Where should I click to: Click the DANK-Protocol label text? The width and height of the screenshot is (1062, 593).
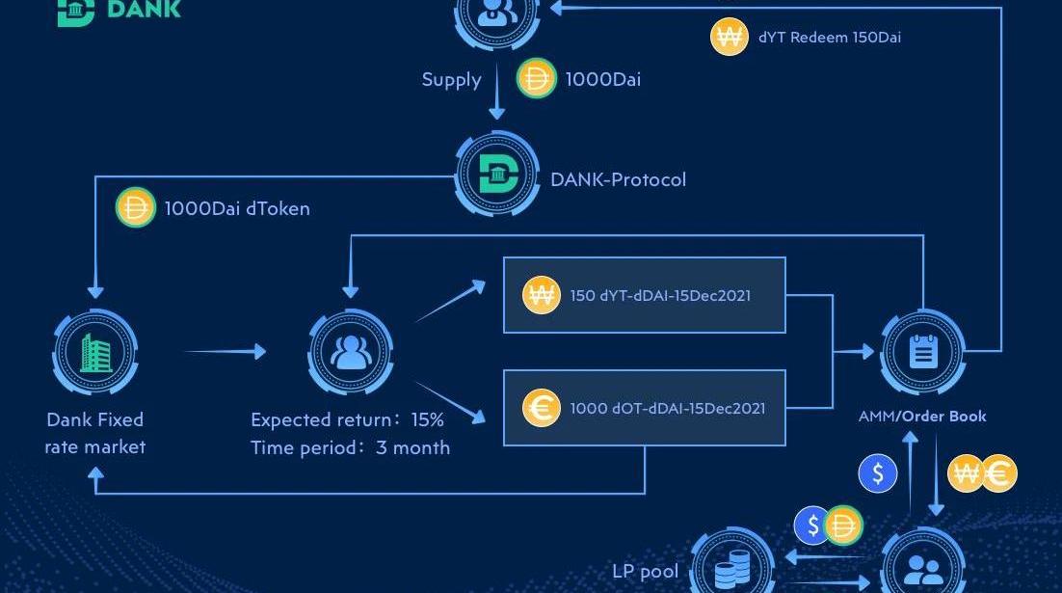click(x=618, y=179)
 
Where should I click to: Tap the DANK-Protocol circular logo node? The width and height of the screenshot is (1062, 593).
click(x=498, y=174)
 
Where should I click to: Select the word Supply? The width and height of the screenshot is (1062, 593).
click(x=452, y=80)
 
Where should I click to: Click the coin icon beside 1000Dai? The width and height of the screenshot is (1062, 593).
click(x=537, y=79)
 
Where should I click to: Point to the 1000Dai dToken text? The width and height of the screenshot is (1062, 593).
click(x=237, y=208)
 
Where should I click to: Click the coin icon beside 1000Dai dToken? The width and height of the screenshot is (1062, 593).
click(x=136, y=207)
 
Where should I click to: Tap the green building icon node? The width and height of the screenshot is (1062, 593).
click(x=95, y=352)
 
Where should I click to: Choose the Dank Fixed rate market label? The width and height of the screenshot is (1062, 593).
click(x=94, y=433)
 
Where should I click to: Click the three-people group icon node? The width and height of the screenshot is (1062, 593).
click(x=350, y=352)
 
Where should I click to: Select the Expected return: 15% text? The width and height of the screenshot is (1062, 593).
click(x=348, y=419)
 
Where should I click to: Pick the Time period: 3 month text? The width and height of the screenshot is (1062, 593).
click(x=350, y=447)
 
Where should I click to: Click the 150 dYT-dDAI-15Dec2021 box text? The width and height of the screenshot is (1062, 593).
click(x=660, y=295)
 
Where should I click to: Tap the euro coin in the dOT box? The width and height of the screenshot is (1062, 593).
click(x=542, y=408)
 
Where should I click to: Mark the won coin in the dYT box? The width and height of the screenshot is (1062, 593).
click(x=542, y=295)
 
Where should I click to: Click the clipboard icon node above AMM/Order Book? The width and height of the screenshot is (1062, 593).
click(x=923, y=352)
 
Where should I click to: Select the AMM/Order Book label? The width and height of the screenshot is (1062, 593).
click(x=922, y=417)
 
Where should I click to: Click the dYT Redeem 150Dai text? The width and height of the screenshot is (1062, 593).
click(x=830, y=38)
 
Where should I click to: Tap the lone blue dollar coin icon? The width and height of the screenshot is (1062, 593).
click(x=878, y=473)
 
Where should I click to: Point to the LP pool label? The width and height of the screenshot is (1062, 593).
click(x=646, y=572)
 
